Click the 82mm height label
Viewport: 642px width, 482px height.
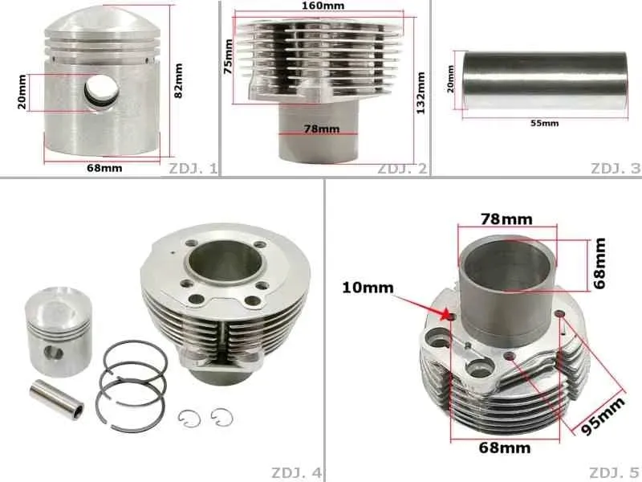point(179,80)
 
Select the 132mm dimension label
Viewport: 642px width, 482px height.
point(421,92)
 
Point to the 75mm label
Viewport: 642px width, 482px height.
point(228,58)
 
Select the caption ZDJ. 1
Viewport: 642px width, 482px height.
point(193,169)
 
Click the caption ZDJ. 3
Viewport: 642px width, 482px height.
point(616,169)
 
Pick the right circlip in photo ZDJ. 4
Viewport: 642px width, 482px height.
point(219,416)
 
